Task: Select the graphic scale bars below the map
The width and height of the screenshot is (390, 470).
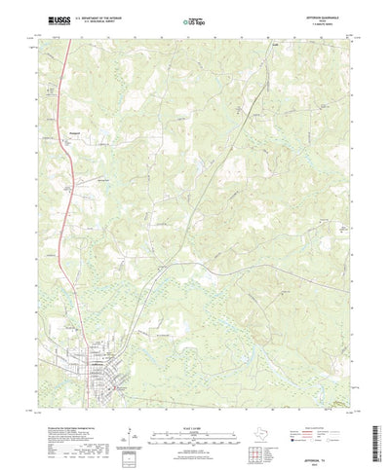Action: pyautogui.click(x=194, y=408)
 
